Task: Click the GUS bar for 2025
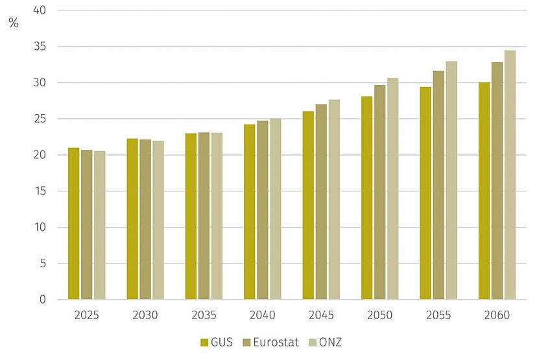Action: pos(73,224)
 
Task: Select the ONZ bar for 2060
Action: pos(510,175)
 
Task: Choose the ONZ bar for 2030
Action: pos(158,220)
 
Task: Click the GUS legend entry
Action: pos(213,342)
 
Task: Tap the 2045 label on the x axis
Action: pos(321,315)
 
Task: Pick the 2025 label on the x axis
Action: pos(86,315)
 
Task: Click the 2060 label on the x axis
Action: pos(497,315)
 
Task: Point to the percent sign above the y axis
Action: pos(14,24)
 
